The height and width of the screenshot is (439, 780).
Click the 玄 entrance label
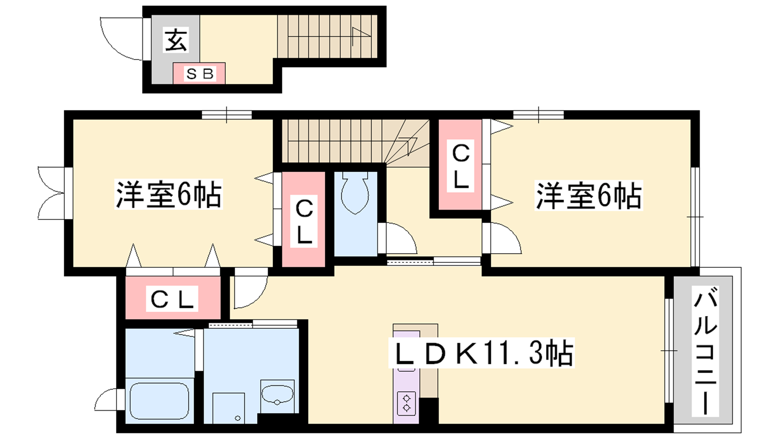pos(176,40)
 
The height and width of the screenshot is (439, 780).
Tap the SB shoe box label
pos(199,74)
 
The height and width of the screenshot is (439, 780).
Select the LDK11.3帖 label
pos(482,353)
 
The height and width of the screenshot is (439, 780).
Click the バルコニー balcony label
pos(705,351)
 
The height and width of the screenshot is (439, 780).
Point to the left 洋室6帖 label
pos(169,194)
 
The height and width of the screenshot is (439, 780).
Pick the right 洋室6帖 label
pos(588,195)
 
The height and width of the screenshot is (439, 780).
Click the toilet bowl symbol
pos(355,193)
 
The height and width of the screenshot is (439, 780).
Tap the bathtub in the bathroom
pos(159,401)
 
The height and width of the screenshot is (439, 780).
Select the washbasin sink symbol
pos(277,396)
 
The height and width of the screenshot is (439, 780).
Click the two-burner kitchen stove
pos(407,403)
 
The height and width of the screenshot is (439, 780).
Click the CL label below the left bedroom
pos(172,299)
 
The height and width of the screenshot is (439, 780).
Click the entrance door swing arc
pos(121,39)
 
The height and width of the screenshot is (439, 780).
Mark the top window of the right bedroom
pos(538,115)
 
